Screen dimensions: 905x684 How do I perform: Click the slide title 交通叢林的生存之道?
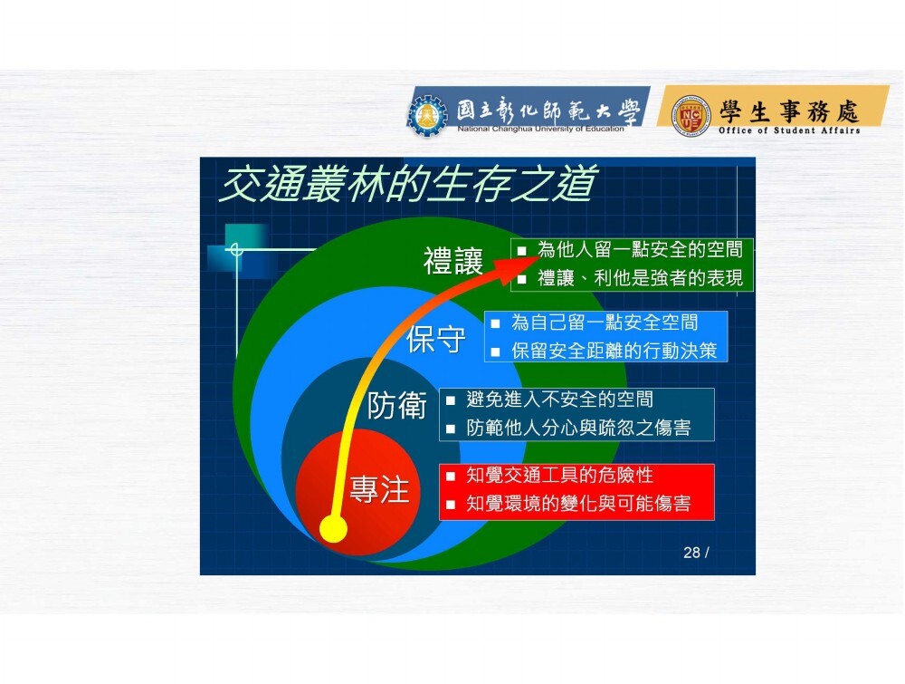coord(407,184)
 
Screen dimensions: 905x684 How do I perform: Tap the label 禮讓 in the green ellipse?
coord(453,261)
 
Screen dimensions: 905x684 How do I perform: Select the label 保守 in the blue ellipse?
coord(436,339)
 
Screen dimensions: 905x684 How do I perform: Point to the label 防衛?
coord(397,405)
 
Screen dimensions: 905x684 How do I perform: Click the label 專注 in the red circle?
coord(379,489)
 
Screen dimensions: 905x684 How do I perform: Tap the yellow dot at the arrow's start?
coord(334,528)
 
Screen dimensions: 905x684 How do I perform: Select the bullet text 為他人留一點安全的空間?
coord(640,249)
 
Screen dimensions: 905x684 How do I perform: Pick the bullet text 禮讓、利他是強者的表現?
coord(640,278)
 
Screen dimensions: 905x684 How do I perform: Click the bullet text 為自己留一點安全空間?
coord(605,323)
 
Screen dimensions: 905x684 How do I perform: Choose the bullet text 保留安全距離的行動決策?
coord(614,351)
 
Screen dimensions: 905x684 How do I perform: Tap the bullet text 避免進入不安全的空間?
coord(560,400)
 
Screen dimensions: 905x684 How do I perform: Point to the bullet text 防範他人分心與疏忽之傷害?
coord(578,428)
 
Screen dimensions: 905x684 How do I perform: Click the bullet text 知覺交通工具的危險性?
coord(560,475)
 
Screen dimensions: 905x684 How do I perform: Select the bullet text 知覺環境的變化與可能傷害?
coord(578,503)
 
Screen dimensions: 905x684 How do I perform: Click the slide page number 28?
coord(691,553)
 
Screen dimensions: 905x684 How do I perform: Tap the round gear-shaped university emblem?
coord(427,116)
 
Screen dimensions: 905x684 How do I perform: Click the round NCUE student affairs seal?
coord(691,116)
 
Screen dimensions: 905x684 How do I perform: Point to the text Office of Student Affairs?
coord(789,130)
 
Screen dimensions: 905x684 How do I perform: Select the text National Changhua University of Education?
coord(540,129)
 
